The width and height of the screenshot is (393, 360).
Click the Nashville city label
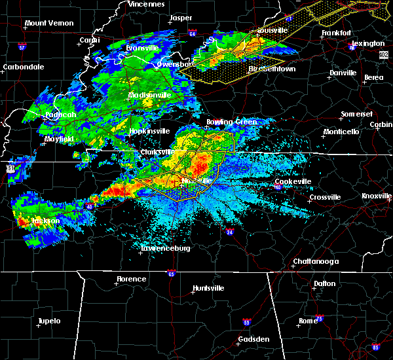click(x=196, y=181)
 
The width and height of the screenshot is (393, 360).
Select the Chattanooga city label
click(x=316, y=262)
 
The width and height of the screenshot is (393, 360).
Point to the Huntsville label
click(x=208, y=289)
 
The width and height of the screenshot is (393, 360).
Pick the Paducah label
click(x=60, y=115)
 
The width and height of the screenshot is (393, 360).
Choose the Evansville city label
click(x=143, y=48)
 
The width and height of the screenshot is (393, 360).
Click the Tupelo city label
click(x=48, y=321)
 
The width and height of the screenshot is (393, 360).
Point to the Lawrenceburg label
click(x=165, y=249)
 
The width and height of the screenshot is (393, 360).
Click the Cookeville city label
click(x=291, y=181)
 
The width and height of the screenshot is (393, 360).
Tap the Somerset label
click(x=356, y=115)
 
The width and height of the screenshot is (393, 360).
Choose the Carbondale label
click(x=23, y=67)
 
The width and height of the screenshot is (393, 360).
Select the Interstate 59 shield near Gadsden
click(x=246, y=323)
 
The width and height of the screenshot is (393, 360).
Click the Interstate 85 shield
click(x=375, y=346)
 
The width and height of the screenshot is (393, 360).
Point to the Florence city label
click(x=132, y=279)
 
